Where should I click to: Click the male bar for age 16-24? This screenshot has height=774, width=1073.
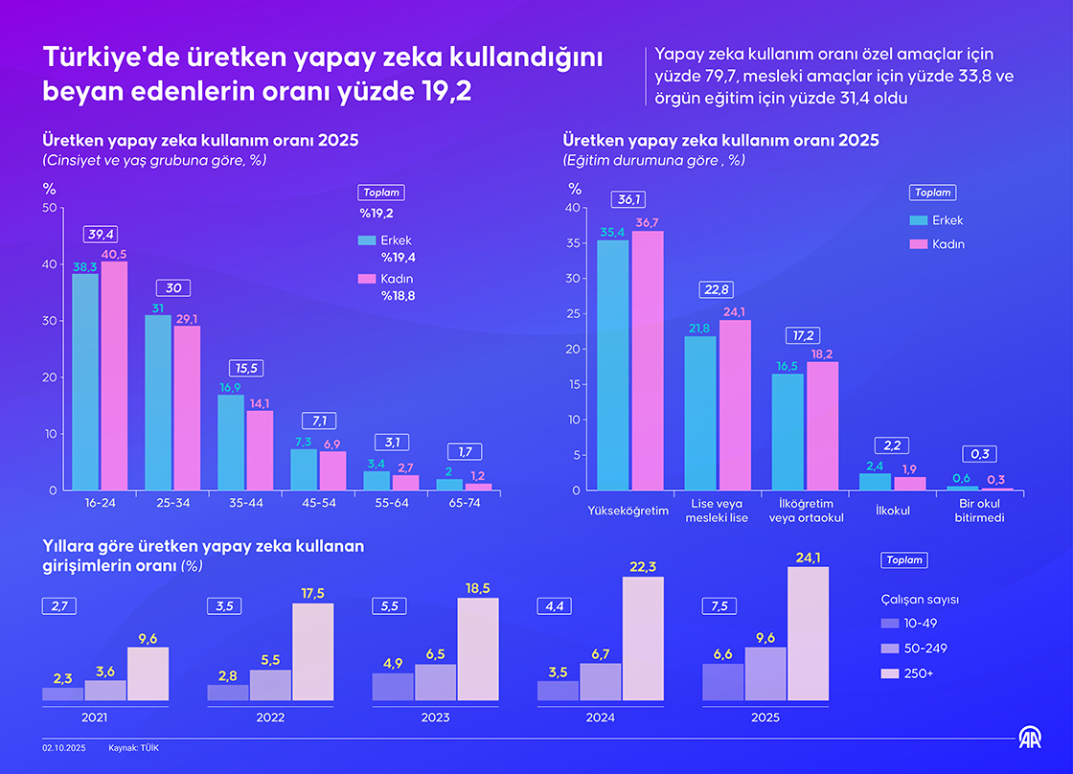(85, 383)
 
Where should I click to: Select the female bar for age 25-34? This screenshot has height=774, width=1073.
(187, 409)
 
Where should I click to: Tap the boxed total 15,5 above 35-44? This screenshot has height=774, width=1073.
(245, 368)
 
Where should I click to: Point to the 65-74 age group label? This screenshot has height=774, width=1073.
(464, 501)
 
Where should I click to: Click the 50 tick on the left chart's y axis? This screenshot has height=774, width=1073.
(50, 208)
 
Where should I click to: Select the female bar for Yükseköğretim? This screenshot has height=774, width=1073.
(647, 361)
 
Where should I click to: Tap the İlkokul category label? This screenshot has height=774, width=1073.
(892, 511)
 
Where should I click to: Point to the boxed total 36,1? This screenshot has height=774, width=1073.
(629, 199)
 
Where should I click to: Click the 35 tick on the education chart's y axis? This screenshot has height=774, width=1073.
(573, 243)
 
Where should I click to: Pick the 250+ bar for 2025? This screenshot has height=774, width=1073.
(808, 634)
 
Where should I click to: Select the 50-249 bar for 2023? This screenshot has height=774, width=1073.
(435, 682)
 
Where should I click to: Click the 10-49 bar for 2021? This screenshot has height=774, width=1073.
(63, 694)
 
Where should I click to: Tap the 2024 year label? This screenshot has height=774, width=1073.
(602, 717)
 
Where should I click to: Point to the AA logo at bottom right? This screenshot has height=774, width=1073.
(1029, 739)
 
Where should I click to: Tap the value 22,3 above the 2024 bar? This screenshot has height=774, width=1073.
(643, 568)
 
